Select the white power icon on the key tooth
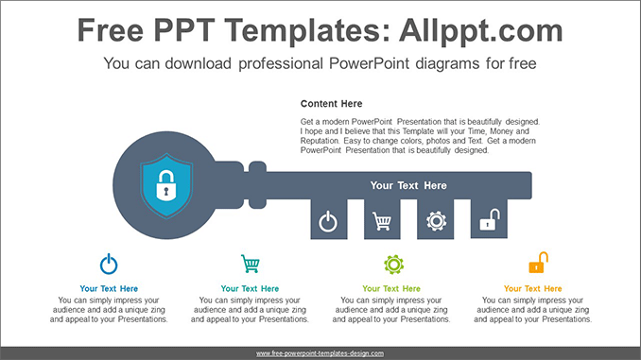[327, 222]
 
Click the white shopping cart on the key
[382, 222]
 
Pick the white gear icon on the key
[436, 221]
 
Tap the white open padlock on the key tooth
[489, 221]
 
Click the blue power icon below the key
[109, 264]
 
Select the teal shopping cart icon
[250, 264]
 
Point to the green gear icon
[393, 265]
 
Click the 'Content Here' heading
[331, 104]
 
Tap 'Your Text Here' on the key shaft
[408, 186]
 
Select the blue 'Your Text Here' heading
[109, 288]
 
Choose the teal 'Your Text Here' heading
[250, 288]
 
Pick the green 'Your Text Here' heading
[391, 288]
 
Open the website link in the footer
[320, 353]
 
